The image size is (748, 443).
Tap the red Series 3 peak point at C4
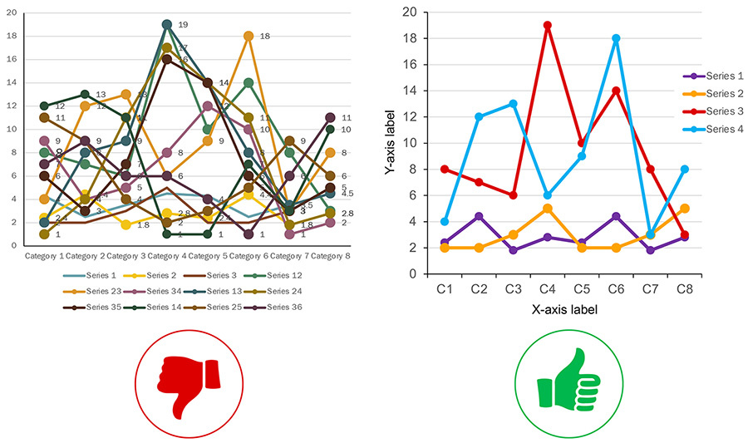coord(547,25)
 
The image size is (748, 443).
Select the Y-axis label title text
coord(389,143)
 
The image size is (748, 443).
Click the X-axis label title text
coord(564,309)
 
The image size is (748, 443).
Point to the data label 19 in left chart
coord(183,25)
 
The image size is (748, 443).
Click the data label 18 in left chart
coord(265,37)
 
